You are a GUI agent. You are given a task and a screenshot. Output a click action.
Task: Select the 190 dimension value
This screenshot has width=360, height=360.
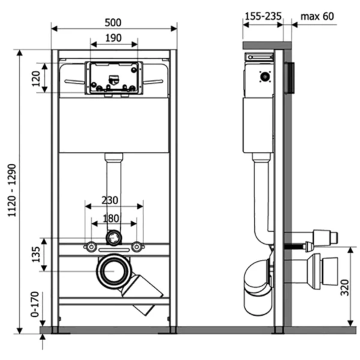coord(113,38)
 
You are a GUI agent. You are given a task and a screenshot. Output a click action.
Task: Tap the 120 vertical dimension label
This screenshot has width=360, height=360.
coord(35,79)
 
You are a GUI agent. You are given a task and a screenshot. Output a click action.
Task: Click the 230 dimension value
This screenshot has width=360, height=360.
coord(113,200)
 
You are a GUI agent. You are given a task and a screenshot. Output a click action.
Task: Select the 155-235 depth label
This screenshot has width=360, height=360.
coord(263,16)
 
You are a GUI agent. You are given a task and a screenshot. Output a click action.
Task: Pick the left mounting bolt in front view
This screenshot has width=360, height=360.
coord(90,245)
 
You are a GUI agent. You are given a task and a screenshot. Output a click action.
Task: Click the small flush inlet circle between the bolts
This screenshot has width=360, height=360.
coord(113,238)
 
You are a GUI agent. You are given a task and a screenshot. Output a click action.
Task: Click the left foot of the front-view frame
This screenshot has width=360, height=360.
coord(55,329)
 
